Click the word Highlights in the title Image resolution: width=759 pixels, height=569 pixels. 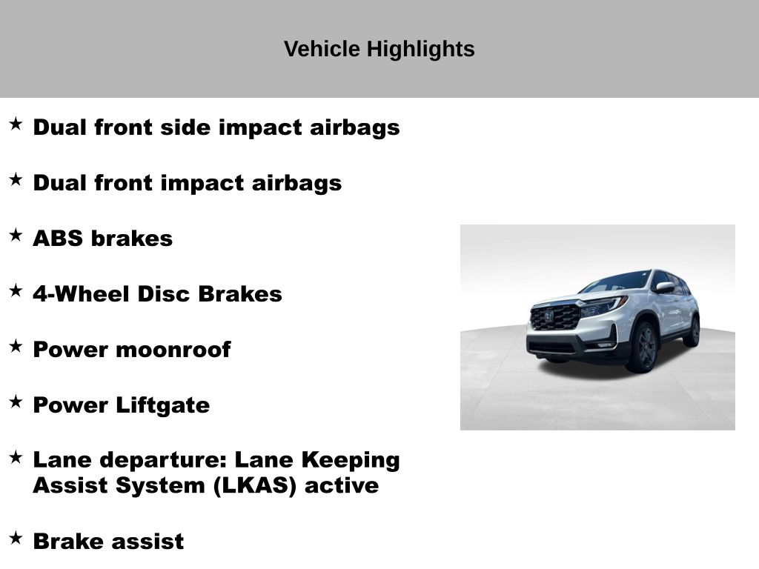click(421, 50)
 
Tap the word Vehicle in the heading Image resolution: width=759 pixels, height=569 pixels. click(322, 49)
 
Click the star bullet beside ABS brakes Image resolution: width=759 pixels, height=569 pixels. click(16, 235)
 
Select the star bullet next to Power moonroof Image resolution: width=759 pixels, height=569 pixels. click(16, 347)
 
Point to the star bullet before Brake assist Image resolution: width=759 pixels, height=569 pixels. click(16, 538)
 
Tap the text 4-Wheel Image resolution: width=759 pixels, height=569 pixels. click(81, 294)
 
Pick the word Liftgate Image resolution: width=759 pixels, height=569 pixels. click(162, 406)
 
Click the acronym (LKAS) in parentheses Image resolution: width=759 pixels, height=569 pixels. click(255, 486)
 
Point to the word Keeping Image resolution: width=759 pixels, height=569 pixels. click(351, 461)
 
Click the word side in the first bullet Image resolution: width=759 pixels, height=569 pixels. click(185, 127)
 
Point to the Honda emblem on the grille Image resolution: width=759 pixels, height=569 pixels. click(548, 317)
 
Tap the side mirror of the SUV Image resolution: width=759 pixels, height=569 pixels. click(665, 287)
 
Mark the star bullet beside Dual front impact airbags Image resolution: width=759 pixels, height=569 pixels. click(16, 179)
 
